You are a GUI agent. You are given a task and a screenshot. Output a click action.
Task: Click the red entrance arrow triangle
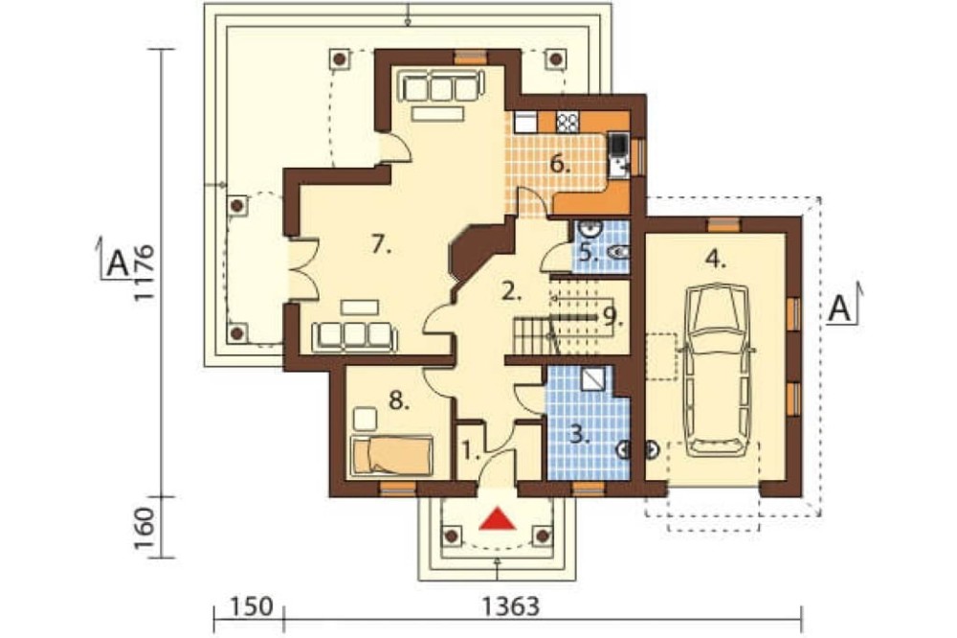click(x=498, y=518)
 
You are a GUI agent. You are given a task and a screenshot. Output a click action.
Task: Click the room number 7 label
click(x=381, y=245)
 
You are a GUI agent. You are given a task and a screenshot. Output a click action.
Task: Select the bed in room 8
click(x=392, y=455)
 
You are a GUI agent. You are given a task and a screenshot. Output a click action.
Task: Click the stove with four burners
click(x=567, y=123)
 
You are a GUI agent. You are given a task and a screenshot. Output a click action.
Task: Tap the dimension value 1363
click(x=511, y=607)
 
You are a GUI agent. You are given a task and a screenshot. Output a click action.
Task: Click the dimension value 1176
click(x=145, y=273)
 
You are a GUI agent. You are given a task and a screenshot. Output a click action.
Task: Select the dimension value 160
click(x=145, y=528)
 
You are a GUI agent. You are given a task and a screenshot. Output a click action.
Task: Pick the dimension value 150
click(x=250, y=607)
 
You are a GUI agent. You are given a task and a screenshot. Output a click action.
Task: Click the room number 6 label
click(x=560, y=164)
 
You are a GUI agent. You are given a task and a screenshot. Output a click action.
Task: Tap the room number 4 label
click(x=715, y=260)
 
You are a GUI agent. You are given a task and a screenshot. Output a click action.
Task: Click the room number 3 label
click(x=579, y=435)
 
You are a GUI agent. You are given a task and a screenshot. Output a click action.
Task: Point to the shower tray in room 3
click(x=591, y=379)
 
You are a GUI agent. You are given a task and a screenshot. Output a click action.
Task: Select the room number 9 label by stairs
click(x=612, y=316)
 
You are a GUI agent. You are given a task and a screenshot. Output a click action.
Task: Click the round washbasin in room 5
click(x=590, y=228)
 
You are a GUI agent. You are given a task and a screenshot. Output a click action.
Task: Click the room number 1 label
click(x=469, y=452)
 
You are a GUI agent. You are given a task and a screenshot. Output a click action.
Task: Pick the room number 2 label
click(x=511, y=292)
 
